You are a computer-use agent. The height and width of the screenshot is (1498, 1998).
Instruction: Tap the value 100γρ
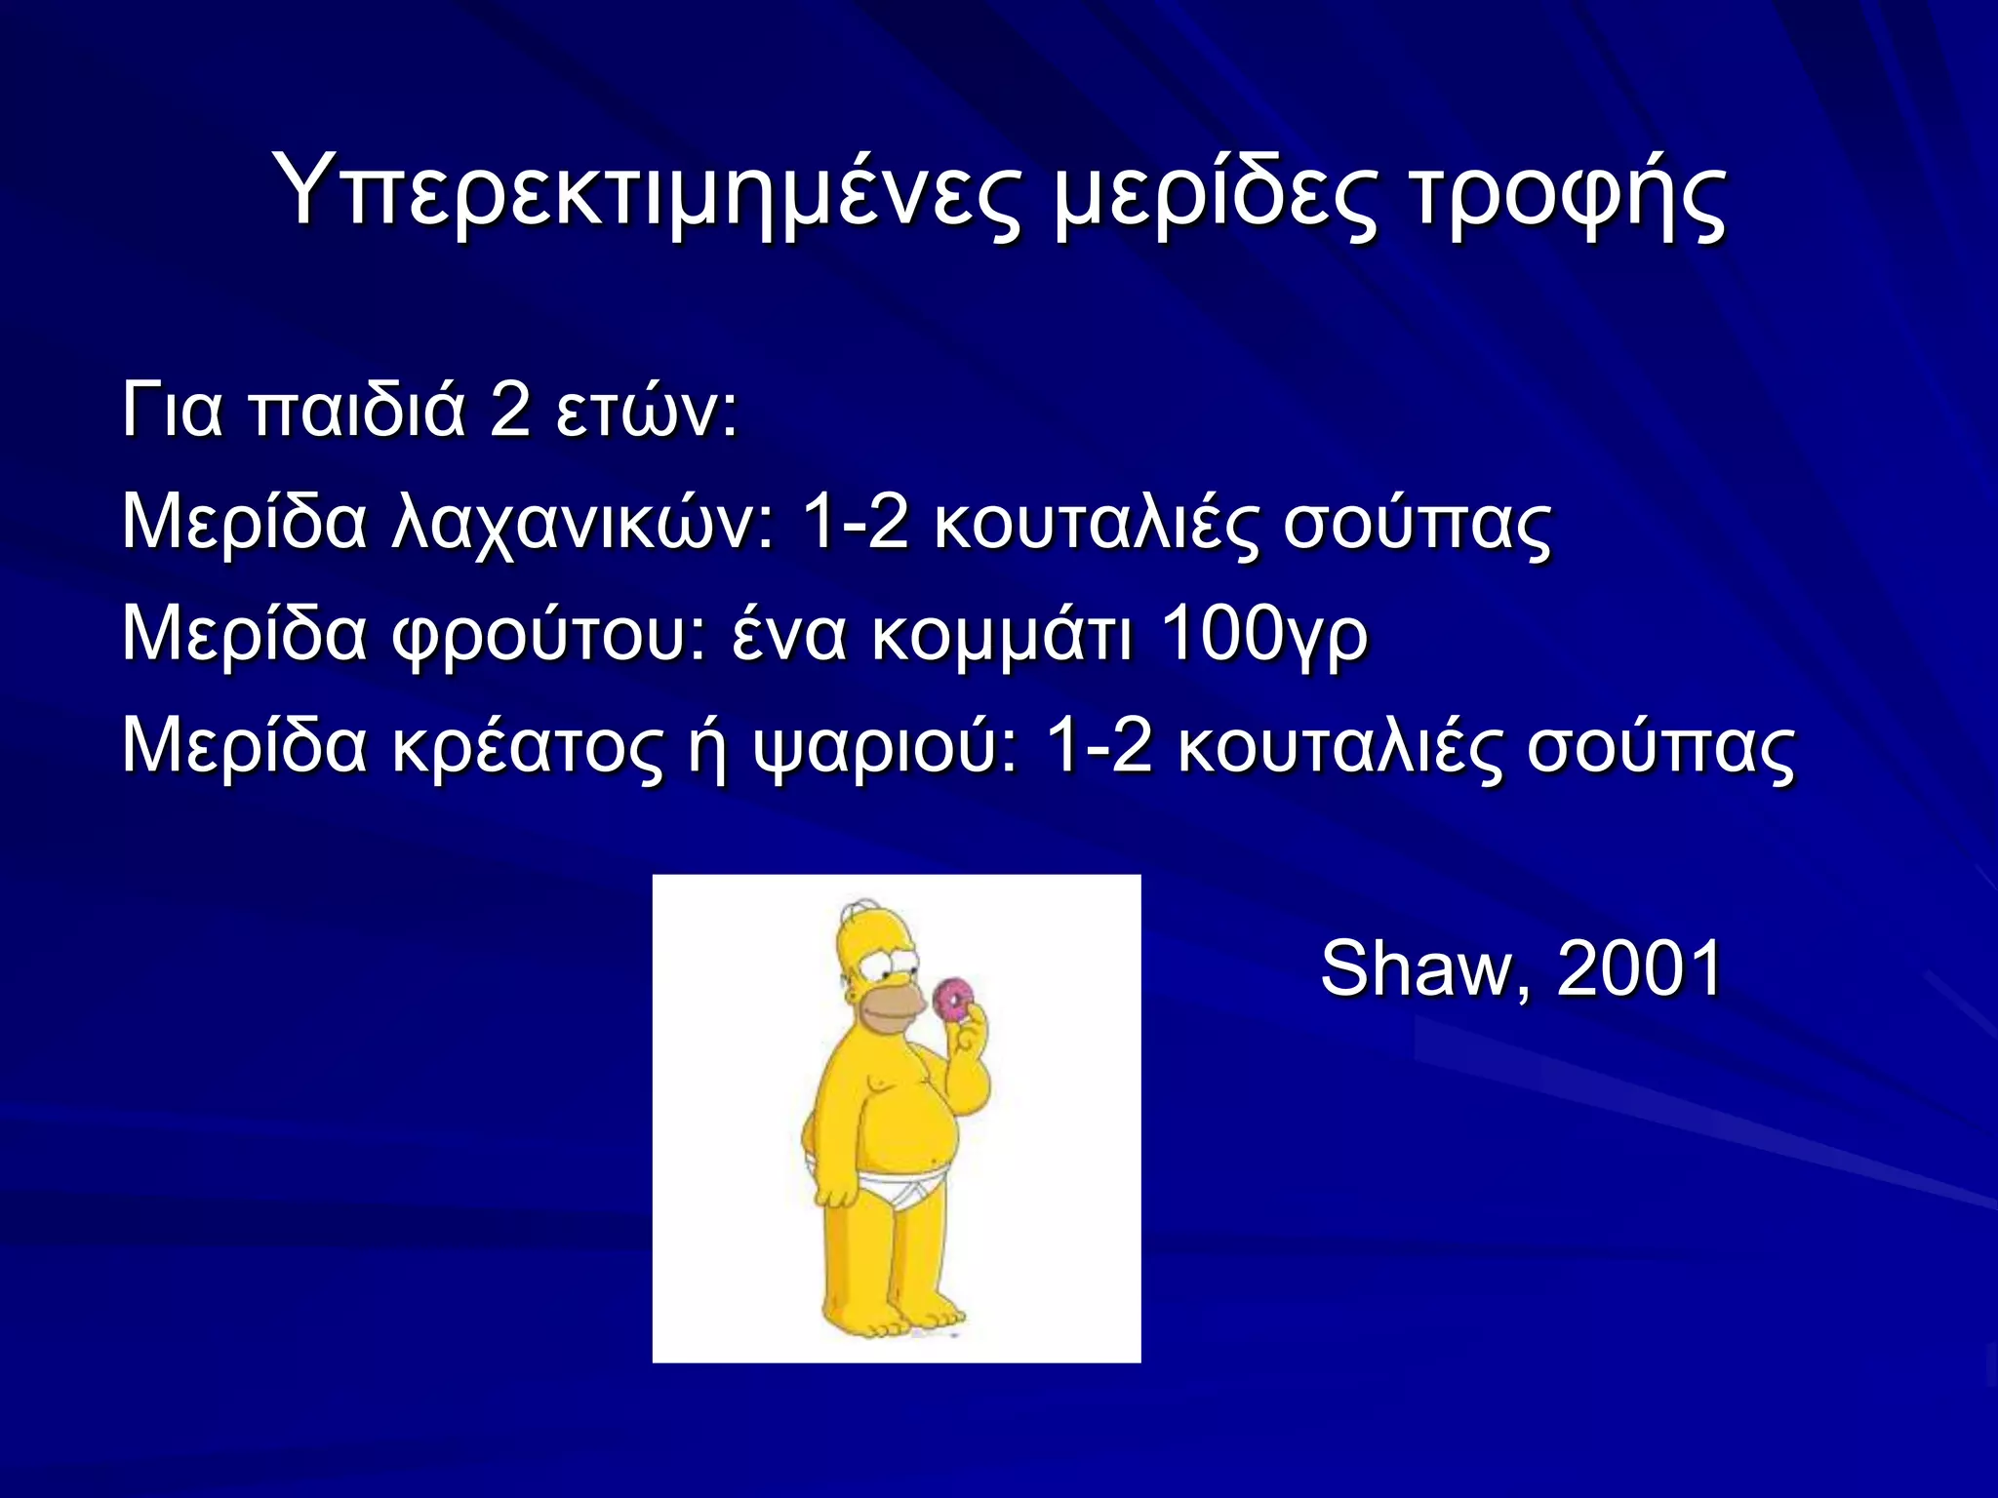[1264, 635]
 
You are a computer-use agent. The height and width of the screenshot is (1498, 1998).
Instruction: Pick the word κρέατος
[527, 747]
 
